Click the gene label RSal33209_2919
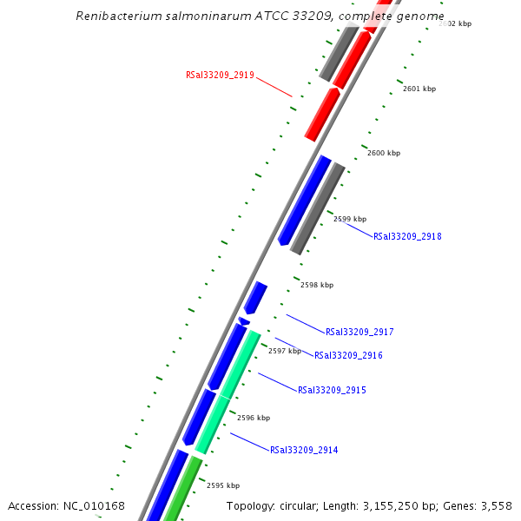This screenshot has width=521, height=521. click(x=220, y=76)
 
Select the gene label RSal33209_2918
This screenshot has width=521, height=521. click(x=407, y=236)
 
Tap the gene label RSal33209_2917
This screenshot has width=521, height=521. click(x=359, y=332)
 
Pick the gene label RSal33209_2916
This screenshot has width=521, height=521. click(x=348, y=355)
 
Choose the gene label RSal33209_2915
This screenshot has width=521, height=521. click(x=332, y=390)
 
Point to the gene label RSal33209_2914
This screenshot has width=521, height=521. click(x=304, y=450)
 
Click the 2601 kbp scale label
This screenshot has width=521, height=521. click(x=419, y=89)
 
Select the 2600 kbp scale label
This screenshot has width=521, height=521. click(x=384, y=153)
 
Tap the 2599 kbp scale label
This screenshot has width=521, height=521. click(x=350, y=219)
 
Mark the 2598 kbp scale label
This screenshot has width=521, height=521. click(x=317, y=285)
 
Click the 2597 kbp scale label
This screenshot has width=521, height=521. click(x=285, y=351)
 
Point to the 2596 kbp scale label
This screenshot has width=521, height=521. click(x=254, y=418)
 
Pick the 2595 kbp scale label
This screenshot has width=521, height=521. click(x=223, y=485)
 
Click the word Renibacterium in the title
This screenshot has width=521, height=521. click(x=115, y=16)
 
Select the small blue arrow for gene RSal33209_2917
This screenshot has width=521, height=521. click(x=254, y=297)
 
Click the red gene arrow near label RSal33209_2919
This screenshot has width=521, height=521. click(x=322, y=114)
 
